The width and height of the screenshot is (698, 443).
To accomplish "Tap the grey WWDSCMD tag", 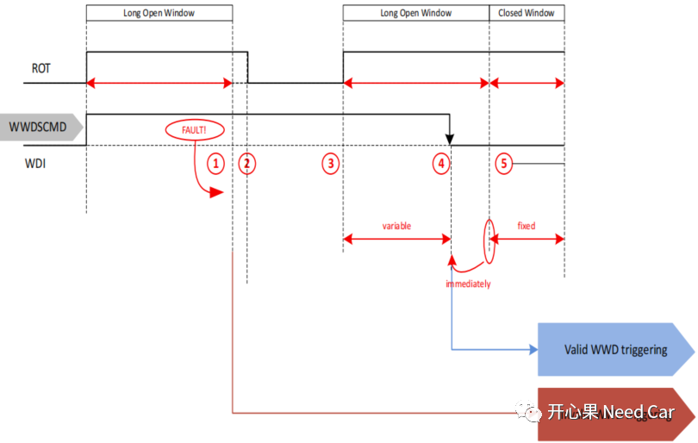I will pyautogui.click(x=42, y=128).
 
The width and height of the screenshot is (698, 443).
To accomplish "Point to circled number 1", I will pyautogui.click(x=216, y=163).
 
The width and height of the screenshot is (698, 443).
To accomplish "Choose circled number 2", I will pyautogui.click(x=247, y=163).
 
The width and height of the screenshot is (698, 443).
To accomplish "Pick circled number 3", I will pyautogui.click(x=330, y=163).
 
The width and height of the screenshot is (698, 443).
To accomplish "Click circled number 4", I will pyautogui.click(x=441, y=163).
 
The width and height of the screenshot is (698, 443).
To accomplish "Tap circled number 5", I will pyautogui.click(x=504, y=163).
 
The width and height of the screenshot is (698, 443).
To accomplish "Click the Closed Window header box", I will pyautogui.click(x=527, y=14).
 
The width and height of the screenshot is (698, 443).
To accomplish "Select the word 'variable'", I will pyautogui.click(x=396, y=226).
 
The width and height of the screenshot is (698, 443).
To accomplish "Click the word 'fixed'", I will pyautogui.click(x=526, y=226).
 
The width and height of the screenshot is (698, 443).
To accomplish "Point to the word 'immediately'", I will pyautogui.click(x=468, y=284).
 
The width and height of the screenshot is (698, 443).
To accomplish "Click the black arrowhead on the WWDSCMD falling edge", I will pyautogui.click(x=451, y=138).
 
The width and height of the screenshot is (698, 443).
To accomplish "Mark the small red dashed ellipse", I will pyautogui.click(x=490, y=240).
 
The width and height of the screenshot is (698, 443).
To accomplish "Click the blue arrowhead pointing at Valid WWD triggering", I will pyautogui.click(x=532, y=350).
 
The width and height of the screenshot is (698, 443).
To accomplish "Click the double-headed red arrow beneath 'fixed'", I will pyautogui.click(x=527, y=240).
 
